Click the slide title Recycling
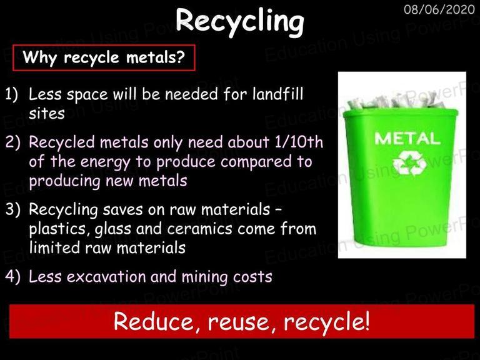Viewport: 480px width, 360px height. click(x=240, y=21)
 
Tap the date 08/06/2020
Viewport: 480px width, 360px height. click(x=439, y=9)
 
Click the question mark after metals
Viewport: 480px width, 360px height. click(x=181, y=57)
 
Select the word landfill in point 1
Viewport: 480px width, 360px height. click(x=277, y=94)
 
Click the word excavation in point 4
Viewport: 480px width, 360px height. click(x=106, y=277)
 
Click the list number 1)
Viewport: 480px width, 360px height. click(x=12, y=94)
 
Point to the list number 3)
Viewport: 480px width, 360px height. click(x=12, y=210)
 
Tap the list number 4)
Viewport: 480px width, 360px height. click(x=12, y=277)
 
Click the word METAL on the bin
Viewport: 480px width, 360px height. click(x=407, y=138)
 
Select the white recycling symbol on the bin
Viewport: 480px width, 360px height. click(x=409, y=162)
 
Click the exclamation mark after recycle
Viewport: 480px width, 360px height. click(x=367, y=321)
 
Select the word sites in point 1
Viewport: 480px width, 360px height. click(x=47, y=113)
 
